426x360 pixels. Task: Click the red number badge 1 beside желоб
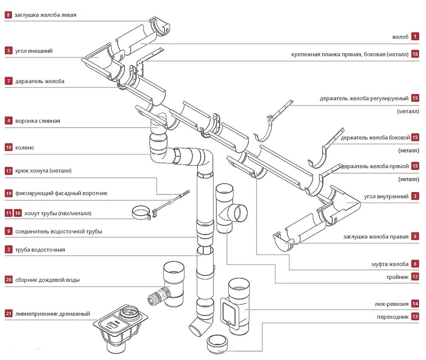point(415,37)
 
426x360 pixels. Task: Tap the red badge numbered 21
point(9,314)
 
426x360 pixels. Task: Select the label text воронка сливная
point(37,121)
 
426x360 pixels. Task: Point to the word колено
point(24,148)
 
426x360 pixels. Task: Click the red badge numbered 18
point(415,55)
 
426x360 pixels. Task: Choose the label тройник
point(397,277)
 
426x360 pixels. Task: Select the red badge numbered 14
point(415,304)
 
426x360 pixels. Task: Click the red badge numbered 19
point(9,193)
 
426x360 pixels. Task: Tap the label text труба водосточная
point(40,250)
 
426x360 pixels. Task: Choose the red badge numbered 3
point(415,197)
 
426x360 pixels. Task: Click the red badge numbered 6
point(415,264)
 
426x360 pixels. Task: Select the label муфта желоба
point(390,264)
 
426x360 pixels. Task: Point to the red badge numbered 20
point(9,280)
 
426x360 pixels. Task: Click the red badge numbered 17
point(9,171)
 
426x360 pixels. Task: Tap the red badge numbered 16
point(17,213)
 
